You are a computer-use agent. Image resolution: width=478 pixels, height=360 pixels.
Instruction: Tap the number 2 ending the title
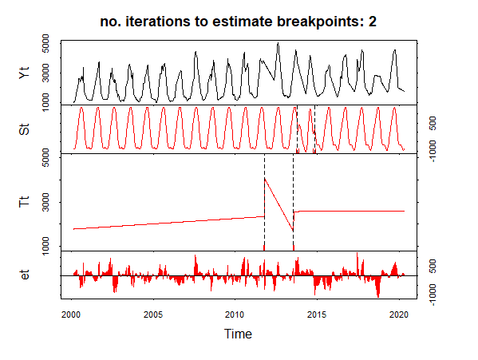coord(372,22)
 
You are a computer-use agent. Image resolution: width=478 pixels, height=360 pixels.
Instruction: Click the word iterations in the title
coord(158,22)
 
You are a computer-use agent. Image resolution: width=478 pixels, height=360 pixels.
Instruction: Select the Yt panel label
coord(25,73)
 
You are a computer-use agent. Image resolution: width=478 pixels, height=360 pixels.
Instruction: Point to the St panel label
coord(25,129)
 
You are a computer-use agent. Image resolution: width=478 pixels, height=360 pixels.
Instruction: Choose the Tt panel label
coord(25,201)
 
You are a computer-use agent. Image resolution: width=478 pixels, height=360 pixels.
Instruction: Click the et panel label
coord(25,275)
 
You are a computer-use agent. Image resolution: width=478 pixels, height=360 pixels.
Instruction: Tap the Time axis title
coord(238,334)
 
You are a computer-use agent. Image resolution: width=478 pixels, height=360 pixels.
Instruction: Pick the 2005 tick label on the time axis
coord(153,315)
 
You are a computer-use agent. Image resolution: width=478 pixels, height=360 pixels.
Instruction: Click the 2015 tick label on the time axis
coord(317,315)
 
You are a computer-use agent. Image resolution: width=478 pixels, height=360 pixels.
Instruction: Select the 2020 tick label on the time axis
coord(399,315)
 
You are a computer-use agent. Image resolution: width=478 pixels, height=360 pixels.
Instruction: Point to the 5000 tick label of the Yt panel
coord(45,44)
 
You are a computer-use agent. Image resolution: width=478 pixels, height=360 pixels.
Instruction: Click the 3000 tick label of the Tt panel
coord(45,202)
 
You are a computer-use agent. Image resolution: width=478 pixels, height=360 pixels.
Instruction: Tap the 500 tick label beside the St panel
coord(433,123)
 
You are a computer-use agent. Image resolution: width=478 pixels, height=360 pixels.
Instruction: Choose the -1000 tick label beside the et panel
coord(433,295)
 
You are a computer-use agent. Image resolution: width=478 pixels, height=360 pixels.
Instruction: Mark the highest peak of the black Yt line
coord(278,43)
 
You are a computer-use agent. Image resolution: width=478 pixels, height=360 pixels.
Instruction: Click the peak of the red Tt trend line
coord(265,178)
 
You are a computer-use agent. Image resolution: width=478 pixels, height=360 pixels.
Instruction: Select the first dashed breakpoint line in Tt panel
coord(264,203)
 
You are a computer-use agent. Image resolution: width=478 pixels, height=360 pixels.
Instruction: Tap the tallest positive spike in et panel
coord(357,253)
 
